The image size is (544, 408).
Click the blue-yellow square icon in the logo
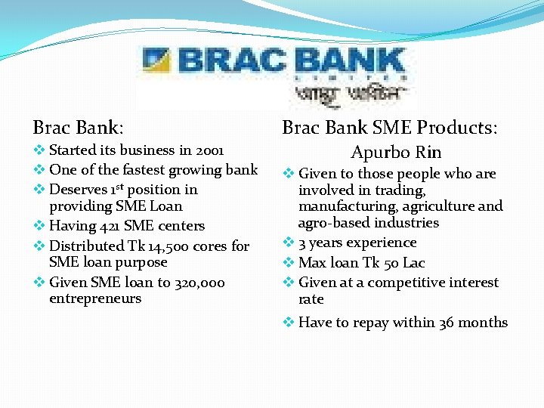click(157, 60)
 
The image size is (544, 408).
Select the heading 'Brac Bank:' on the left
click(79, 126)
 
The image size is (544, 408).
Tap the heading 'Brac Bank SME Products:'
click(390, 127)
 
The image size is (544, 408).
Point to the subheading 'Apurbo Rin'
click(396, 152)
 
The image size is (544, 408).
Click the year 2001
click(208, 150)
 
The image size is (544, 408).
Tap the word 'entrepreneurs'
click(95, 298)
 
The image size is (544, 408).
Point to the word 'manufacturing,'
click(346, 206)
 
